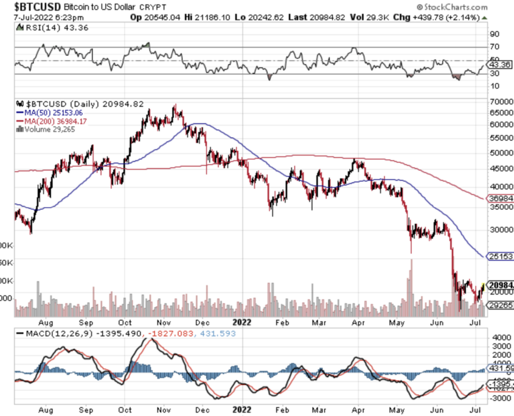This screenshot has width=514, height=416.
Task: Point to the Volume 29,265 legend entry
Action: (47, 128)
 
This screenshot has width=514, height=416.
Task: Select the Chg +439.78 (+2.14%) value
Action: (451, 16)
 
